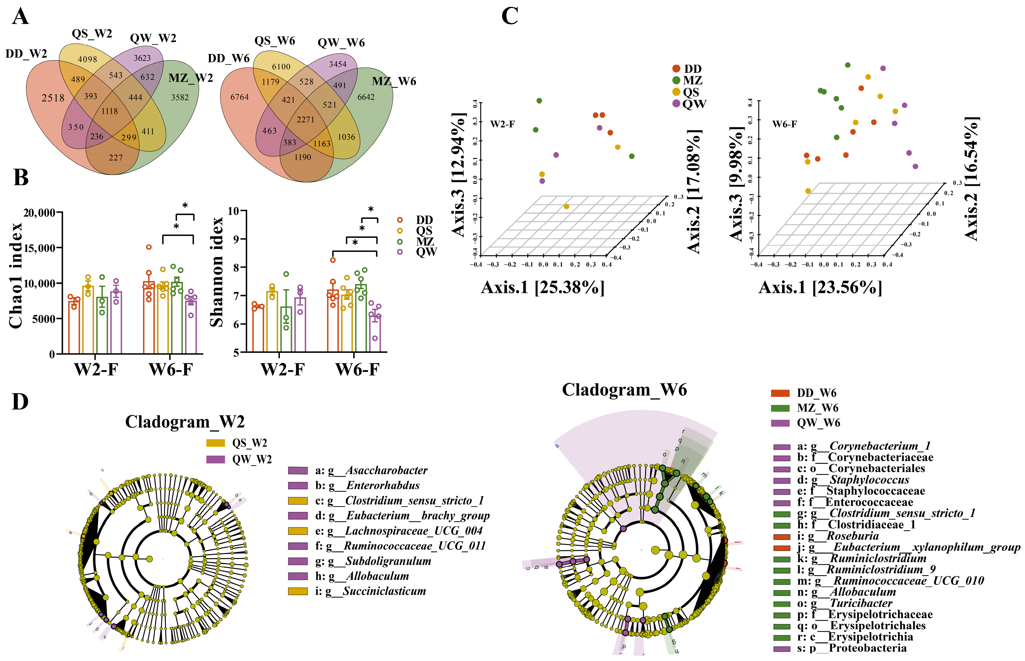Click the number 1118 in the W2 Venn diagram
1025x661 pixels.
click(x=110, y=111)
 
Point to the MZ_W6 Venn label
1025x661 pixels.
click(x=394, y=81)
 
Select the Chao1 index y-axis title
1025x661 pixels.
click(x=16, y=275)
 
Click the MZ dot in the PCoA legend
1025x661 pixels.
click(x=676, y=80)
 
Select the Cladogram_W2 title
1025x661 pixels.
click(x=185, y=422)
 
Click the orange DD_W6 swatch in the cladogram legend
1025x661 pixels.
click(x=780, y=393)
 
